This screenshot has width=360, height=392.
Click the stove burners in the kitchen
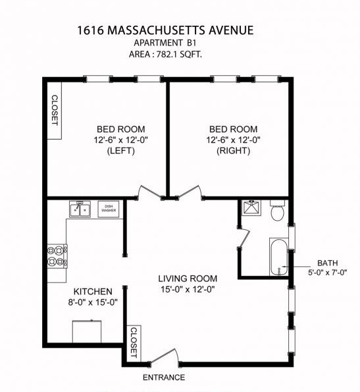[57, 256]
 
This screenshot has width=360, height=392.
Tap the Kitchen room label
[92, 291]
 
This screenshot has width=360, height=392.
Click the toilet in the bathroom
[276, 211]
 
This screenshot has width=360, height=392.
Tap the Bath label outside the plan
[327, 262]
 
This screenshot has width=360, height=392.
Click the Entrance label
[164, 378]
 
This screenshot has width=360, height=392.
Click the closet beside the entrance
[134, 343]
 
